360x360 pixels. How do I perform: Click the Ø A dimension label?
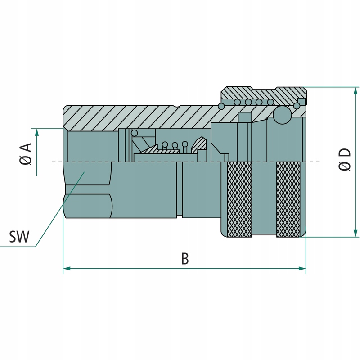pos(26,154)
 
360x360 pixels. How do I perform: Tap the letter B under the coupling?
pos(184,259)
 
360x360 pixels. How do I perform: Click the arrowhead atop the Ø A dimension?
pos(36,132)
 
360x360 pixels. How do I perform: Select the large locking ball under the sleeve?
pos(283,115)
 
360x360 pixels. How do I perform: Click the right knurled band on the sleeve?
pos(288,199)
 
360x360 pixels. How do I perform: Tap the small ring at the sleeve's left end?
pos(221,106)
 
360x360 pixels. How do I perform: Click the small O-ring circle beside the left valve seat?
pos(134,133)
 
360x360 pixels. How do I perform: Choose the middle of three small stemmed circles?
pos(175,145)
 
